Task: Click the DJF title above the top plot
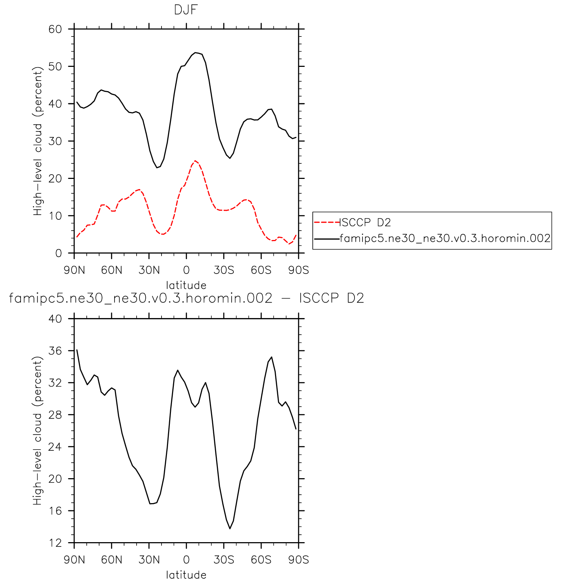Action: [x=186, y=10]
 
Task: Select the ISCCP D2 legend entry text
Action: [x=365, y=222]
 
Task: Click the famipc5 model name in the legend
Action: [x=445, y=239]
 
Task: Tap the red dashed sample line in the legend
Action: [x=327, y=222]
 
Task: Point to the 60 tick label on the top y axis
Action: [x=55, y=29]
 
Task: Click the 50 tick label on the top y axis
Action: [x=55, y=67]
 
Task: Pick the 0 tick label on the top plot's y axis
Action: [x=59, y=253]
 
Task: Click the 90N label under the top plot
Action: [x=74, y=270]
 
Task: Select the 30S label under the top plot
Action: [x=224, y=270]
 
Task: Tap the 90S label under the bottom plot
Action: [x=299, y=560]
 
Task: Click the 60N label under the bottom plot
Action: [x=112, y=560]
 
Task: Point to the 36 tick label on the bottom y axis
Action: [x=55, y=351]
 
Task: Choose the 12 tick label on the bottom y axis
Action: [x=55, y=543]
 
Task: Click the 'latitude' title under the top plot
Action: [x=186, y=286]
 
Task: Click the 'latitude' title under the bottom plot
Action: [x=186, y=575]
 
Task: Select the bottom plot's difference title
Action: [x=186, y=298]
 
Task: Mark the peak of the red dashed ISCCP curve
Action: [x=195, y=161]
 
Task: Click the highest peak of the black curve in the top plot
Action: [x=196, y=53]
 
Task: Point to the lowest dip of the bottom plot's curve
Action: [x=230, y=528]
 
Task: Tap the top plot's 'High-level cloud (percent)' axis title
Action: [x=38, y=141]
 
